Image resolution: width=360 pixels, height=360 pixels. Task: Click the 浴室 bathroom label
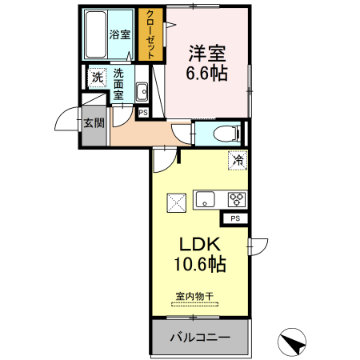(120, 34)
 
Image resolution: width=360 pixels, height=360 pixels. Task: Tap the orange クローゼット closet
(149, 35)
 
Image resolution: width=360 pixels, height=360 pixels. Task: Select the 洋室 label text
(206, 54)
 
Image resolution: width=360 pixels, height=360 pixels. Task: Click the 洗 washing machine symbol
(97, 78)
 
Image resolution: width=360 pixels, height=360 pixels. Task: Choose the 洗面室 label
(118, 83)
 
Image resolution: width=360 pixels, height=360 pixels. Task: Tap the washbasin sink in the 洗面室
(142, 90)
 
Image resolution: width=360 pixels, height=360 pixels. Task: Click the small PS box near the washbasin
(142, 112)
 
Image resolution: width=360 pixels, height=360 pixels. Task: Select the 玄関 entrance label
(94, 123)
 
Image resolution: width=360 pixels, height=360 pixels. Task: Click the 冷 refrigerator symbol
(238, 160)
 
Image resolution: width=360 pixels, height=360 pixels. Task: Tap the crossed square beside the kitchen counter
(176, 202)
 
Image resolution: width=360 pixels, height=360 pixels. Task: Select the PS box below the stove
(234, 218)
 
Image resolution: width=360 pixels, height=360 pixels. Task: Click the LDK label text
(198, 244)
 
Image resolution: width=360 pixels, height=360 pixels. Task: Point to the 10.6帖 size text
(198, 264)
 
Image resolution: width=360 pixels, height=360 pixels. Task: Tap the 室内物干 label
(195, 297)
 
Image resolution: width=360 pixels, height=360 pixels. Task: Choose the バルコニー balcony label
(200, 338)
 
